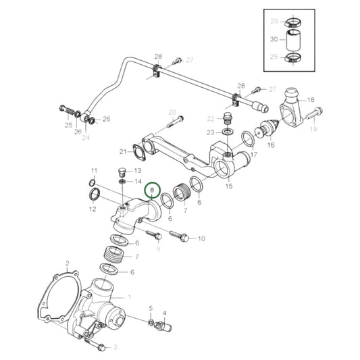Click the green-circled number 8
coord(153,191)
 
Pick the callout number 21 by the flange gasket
coord(122,151)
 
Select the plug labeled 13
coord(122,170)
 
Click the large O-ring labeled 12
coord(96,196)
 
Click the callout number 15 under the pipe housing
coord(228,186)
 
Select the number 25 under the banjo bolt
coord(68,126)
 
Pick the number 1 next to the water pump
coord(128,297)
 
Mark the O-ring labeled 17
coord(247,140)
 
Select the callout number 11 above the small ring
coord(95,170)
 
